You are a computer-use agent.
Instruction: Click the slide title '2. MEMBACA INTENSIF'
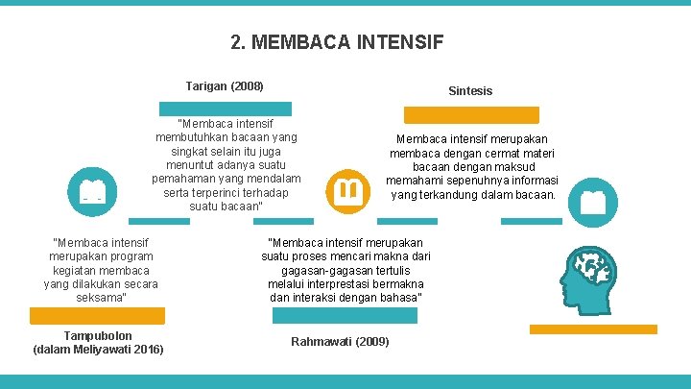[337, 42]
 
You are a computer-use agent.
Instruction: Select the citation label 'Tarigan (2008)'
[225, 86]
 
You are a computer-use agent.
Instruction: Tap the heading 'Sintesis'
[470, 90]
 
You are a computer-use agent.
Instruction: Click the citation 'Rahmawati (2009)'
[340, 342]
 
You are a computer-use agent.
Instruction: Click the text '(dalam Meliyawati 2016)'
[98, 349]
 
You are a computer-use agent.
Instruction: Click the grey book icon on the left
[93, 189]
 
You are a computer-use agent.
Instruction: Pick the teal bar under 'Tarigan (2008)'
[225, 109]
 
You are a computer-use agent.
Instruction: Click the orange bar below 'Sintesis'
[471, 115]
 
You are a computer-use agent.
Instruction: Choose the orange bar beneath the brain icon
[593, 328]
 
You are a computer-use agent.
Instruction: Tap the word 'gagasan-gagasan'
[312, 271]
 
